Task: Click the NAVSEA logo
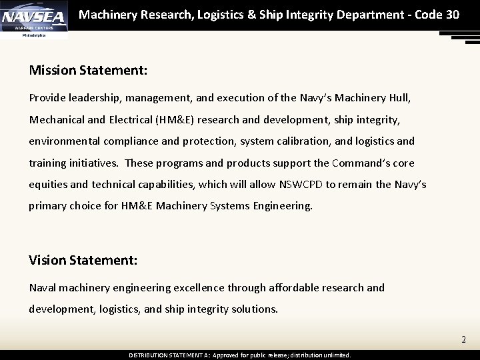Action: [34, 17]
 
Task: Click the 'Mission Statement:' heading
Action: [88, 69]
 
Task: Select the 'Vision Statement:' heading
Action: [83, 260]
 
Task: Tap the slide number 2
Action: [463, 340]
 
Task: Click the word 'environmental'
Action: [62, 141]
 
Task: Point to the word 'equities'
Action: [49, 184]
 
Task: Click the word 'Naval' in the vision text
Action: [42, 287]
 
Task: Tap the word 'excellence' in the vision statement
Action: [199, 287]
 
